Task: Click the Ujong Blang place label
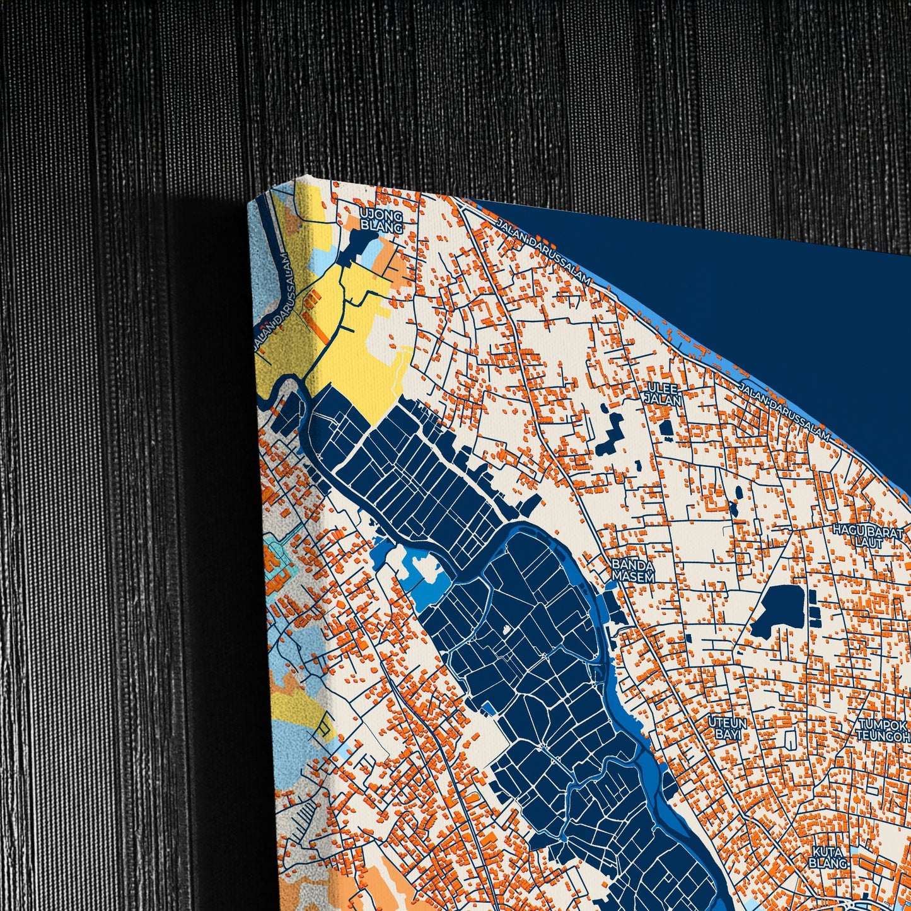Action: (381, 221)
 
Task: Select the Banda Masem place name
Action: (633, 570)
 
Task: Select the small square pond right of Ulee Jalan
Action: (666, 429)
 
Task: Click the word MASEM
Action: (633, 576)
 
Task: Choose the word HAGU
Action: (844, 530)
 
